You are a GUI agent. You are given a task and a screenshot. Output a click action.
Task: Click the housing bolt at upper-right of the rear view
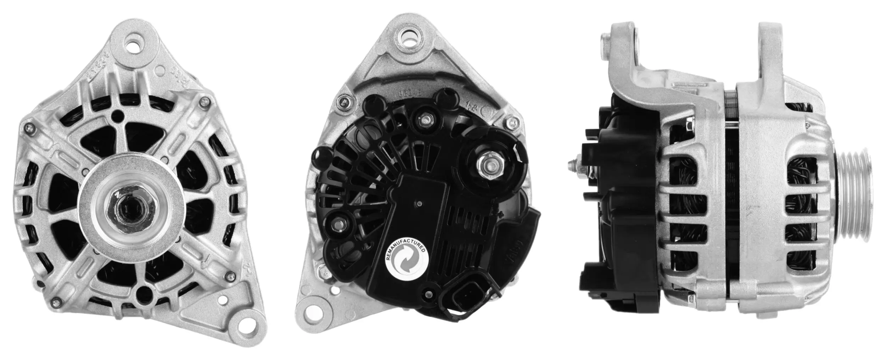[x=510, y=123]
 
